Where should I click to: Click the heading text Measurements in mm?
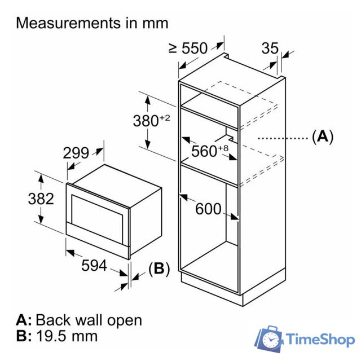tap(93, 23)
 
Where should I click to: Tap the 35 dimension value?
tap(270, 49)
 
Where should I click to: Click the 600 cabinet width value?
tap(208, 209)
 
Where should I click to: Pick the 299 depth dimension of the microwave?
tap(76, 153)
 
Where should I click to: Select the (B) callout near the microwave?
tap(159, 269)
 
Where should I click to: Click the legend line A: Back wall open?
tap(79, 320)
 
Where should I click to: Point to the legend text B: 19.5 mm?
tap(57, 337)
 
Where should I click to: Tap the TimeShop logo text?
tap(320, 340)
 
